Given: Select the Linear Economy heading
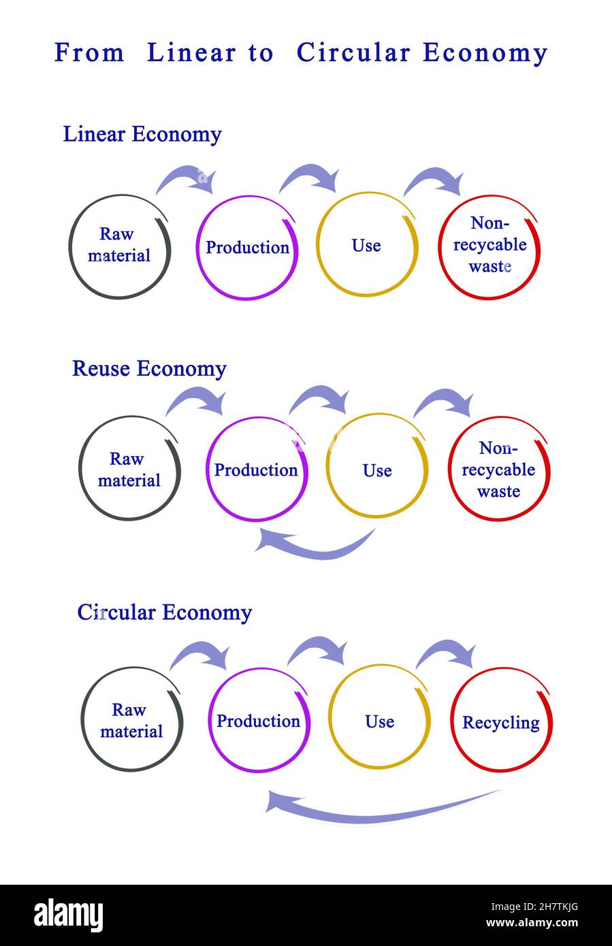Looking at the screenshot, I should [142, 134].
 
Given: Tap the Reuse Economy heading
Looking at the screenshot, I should [149, 368].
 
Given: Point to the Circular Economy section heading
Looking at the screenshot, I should [165, 612].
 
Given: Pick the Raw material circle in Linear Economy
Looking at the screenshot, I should [119, 246].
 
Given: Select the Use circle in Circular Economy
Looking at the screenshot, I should [379, 720].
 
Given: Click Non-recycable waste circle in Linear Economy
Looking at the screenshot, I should [489, 246].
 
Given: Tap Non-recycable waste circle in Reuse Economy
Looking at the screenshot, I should [498, 470].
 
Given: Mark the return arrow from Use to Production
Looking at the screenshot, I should [315, 545].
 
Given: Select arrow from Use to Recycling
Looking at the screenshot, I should [447, 654].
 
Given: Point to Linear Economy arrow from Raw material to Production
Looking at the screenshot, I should [186, 178].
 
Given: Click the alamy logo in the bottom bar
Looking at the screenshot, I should [68, 915].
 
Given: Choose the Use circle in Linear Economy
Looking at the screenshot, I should [367, 245].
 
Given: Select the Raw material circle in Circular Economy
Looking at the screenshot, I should [131, 720].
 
